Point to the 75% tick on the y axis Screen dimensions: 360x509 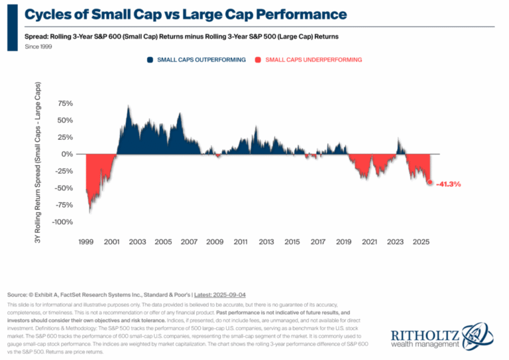pyautogui.click(x=65, y=103)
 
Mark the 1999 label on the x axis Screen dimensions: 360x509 pyautogui.click(x=86, y=242)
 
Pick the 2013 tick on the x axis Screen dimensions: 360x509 pyautogui.click(x=266, y=242)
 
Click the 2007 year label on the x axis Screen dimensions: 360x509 pyautogui.click(x=189, y=242)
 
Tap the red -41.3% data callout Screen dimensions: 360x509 pyautogui.click(x=448, y=184)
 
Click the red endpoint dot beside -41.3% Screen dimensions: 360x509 pyautogui.click(x=429, y=182)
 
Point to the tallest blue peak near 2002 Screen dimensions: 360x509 pyautogui.click(x=128, y=106)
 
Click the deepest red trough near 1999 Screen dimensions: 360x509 pyautogui.click(x=90, y=212)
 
